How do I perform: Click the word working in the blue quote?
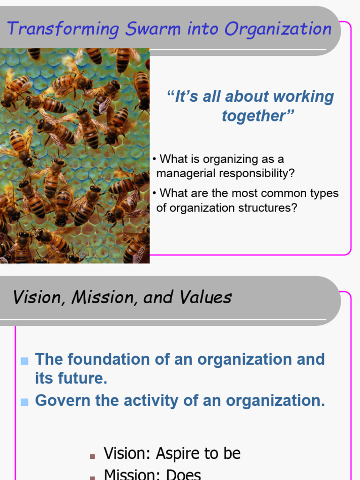[x=303, y=97]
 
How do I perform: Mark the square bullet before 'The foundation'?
[x=25, y=360]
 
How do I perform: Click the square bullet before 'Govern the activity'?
[x=25, y=402]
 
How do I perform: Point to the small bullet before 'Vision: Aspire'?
[x=92, y=455]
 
